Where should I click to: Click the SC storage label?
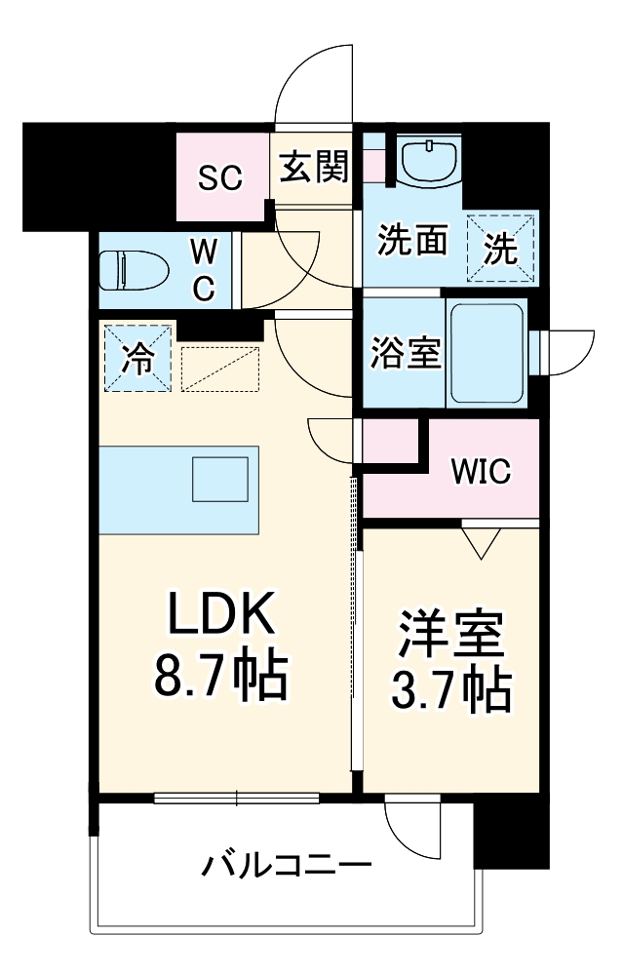tap(221, 177)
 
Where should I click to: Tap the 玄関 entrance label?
tap(313, 170)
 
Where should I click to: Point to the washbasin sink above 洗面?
tap(430, 160)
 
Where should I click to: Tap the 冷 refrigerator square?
tap(136, 358)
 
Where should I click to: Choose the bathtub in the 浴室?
tap(486, 352)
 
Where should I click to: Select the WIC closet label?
tap(480, 473)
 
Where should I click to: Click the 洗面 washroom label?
tap(412, 240)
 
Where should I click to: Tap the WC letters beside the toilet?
tap(203, 271)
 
